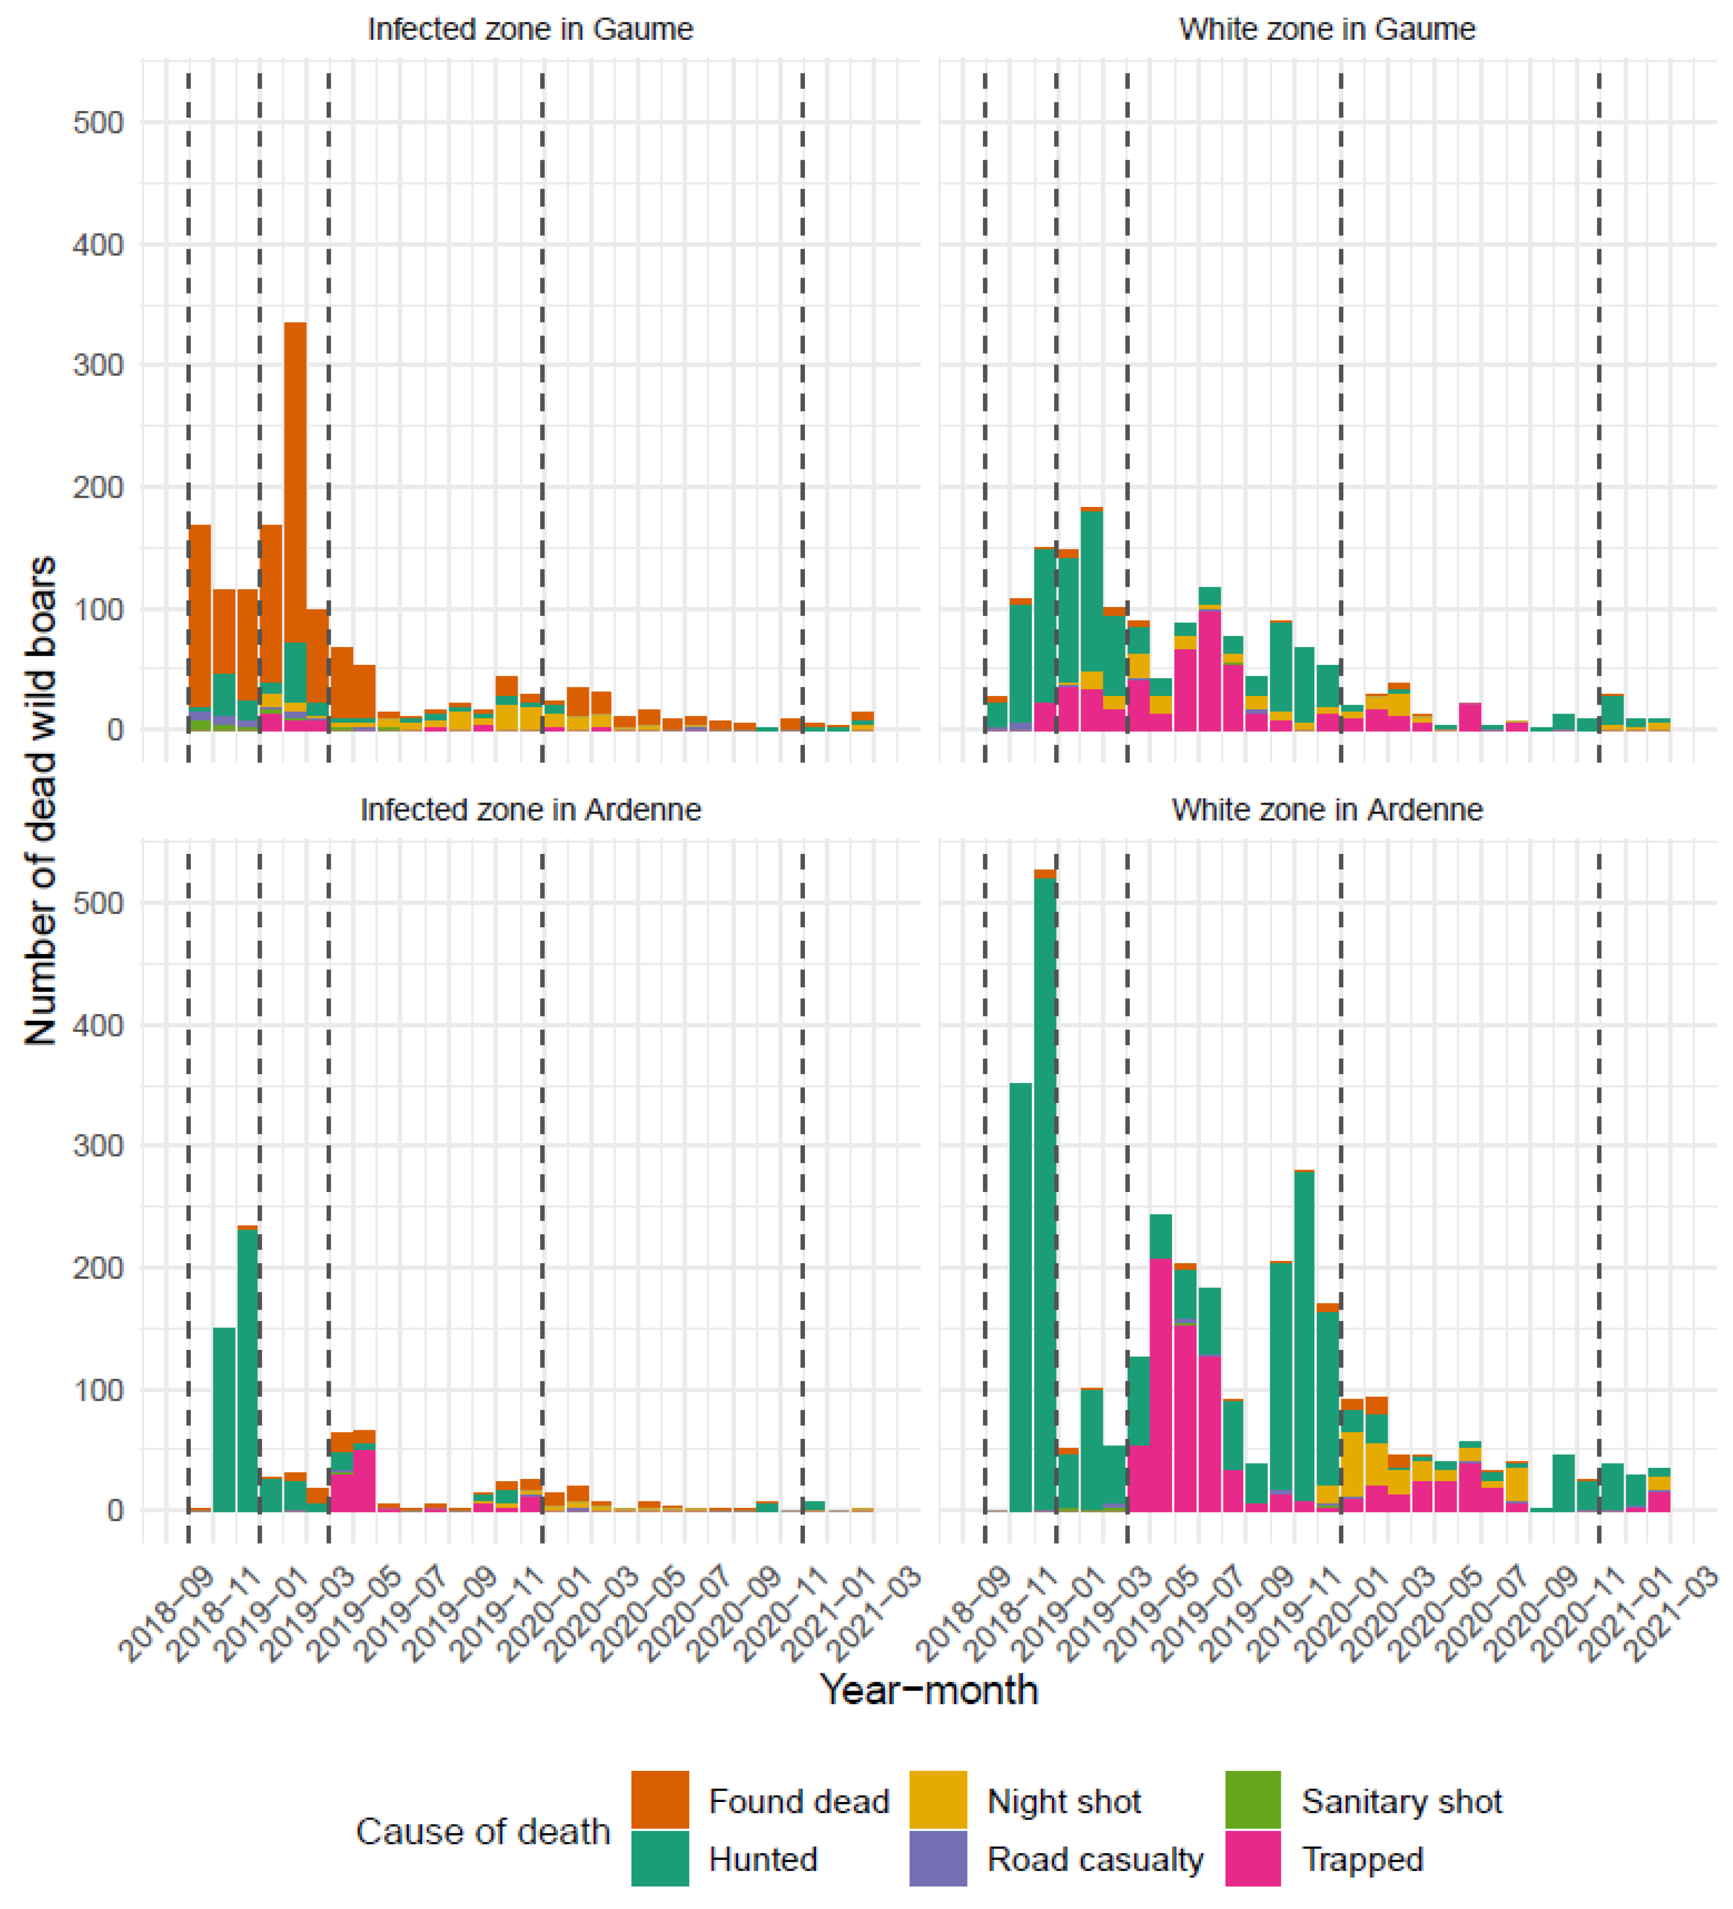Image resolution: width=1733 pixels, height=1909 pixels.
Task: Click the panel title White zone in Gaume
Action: (x=1326, y=29)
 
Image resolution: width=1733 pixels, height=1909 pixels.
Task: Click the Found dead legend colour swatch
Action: (x=659, y=1800)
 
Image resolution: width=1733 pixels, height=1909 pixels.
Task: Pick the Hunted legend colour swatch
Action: (x=659, y=1859)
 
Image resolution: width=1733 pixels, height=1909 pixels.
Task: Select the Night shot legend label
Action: (x=1063, y=1801)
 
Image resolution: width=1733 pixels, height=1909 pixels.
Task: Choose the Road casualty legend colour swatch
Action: (x=937, y=1859)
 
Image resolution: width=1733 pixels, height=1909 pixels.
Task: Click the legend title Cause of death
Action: (x=482, y=1832)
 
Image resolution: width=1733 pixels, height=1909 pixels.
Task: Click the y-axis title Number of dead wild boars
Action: (x=40, y=800)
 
